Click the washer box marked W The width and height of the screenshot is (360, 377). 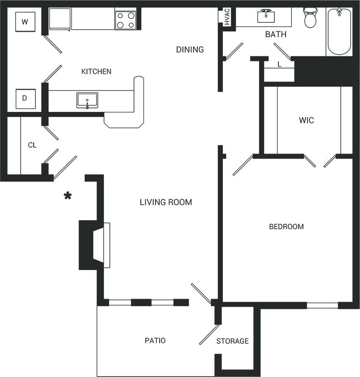coord(25,22)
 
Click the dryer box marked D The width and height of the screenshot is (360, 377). coord(25,99)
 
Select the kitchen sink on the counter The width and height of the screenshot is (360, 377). coord(87,100)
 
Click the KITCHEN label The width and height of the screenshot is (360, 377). coord(96,71)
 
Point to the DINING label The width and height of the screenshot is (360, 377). coord(190,49)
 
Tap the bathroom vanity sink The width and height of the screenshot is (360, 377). coord(266,16)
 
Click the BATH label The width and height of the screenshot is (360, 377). coord(275,34)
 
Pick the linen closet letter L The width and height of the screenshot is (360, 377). coord(279,64)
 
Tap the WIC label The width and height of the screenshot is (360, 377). coord(306,120)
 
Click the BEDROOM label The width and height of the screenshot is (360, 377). coord(286,227)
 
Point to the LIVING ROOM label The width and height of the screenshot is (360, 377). coord(166,202)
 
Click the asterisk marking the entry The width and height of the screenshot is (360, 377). coord(68,196)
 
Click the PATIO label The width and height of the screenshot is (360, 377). coord(155,341)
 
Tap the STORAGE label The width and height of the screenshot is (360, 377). coord(232,341)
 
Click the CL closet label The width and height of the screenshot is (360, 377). coord(32,145)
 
